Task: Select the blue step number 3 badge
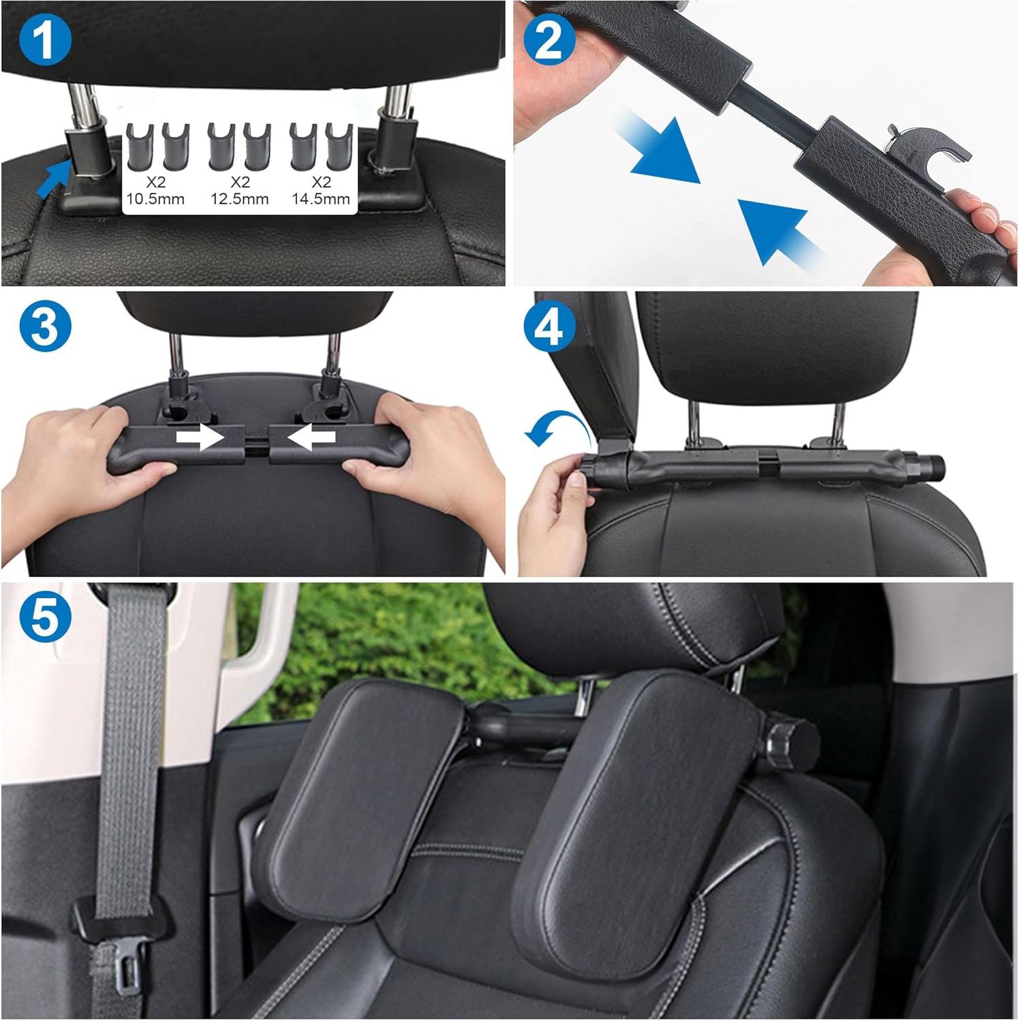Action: coord(46,328)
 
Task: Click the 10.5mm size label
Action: coord(155,199)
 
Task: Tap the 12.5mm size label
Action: coord(240,199)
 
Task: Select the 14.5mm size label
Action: coord(321,199)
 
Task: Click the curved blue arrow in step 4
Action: coord(557,429)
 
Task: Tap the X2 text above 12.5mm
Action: coord(240,182)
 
